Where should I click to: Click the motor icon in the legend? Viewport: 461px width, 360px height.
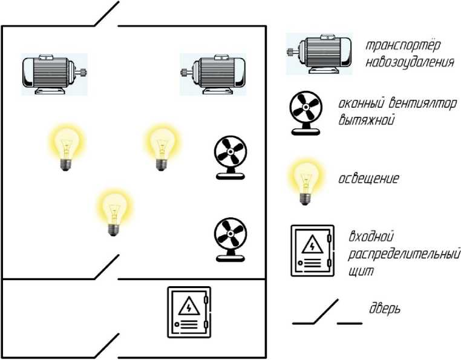click(x=318, y=54)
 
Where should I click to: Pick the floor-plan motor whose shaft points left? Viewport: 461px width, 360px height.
click(x=214, y=73)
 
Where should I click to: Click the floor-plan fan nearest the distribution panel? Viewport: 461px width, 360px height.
click(x=229, y=239)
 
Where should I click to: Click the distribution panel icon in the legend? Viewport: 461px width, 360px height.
click(x=312, y=250)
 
